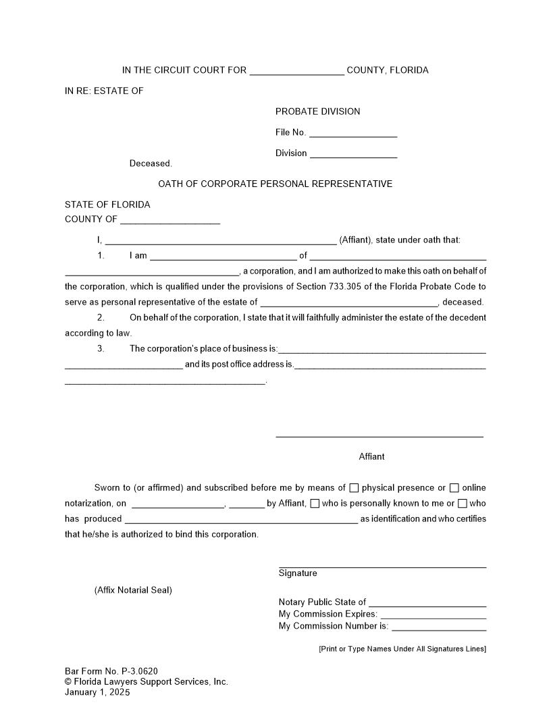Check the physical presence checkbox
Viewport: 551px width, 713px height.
coord(354,488)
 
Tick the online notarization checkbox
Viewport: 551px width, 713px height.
coord(454,488)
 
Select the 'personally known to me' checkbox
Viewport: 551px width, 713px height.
coord(315,504)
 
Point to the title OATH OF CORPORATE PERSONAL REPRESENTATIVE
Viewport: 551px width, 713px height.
coord(275,184)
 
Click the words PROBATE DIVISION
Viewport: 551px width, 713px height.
coord(317,111)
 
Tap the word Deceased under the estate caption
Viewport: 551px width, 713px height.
coord(151,163)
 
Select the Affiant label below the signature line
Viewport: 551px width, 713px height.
coord(371,456)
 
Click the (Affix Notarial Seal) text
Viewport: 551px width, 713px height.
coord(133,590)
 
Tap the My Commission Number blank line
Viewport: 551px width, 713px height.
coord(439,628)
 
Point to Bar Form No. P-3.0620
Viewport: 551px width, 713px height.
coord(111,671)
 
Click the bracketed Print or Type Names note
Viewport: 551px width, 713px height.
coord(402,649)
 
